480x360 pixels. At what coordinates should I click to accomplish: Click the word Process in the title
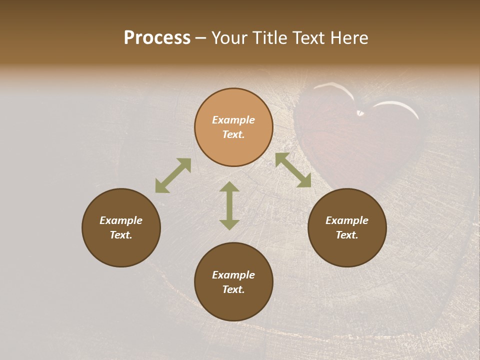[x=157, y=38]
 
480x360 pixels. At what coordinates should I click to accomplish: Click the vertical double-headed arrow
[x=229, y=205]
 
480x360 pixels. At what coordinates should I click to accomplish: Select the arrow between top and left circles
[x=173, y=175]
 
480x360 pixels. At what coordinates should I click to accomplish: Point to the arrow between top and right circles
[x=293, y=170]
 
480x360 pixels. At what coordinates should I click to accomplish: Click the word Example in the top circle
[x=233, y=120]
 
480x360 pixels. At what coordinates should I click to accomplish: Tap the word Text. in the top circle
[x=233, y=134]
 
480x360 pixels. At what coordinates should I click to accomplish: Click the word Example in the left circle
[x=121, y=220]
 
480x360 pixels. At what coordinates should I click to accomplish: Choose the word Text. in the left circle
[x=121, y=235]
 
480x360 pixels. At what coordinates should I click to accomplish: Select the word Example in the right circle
[x=347, y=220]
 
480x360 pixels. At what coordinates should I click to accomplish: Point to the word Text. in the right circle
[x=347, y=235]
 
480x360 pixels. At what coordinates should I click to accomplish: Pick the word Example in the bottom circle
[x=233, y=275]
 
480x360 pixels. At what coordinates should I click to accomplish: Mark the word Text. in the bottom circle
[x=233, y=289]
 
